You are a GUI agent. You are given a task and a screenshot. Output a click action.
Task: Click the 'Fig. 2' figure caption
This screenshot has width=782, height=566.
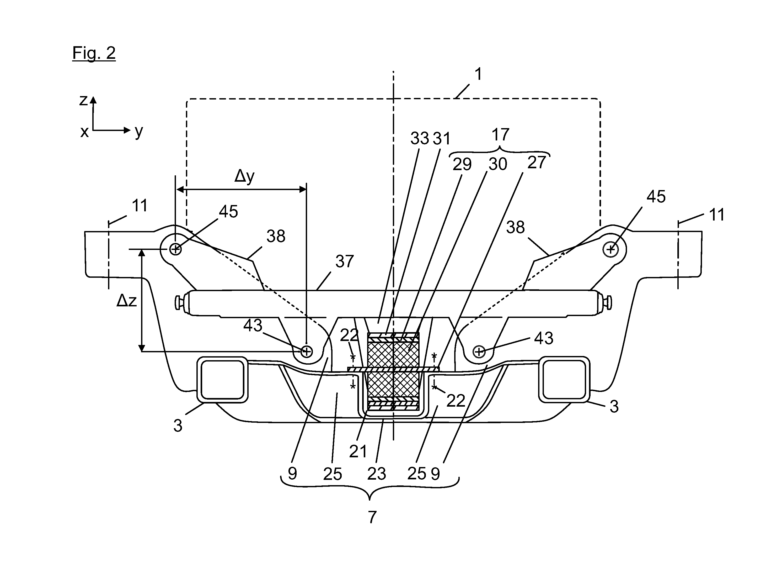[x=94, y=53]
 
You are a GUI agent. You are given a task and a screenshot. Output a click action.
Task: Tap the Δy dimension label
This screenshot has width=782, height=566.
[x=244, y=177]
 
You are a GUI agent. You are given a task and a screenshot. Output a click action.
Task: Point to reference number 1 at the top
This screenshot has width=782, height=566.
[x=478, y=74]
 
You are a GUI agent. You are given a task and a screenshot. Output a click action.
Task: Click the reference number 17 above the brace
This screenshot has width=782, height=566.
[x=500, y=135]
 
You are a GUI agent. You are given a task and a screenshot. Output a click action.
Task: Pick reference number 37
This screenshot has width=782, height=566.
[x=345, y=261]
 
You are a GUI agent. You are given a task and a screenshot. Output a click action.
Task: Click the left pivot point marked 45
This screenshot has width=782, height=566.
[x=175, y=249]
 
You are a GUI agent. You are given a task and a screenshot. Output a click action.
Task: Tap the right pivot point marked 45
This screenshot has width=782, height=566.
[x=611, y=249]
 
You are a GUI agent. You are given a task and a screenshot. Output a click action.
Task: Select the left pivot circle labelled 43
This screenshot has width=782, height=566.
[x=306, y=352]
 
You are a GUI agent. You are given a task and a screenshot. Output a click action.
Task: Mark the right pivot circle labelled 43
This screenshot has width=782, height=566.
[x=479, y=352]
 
